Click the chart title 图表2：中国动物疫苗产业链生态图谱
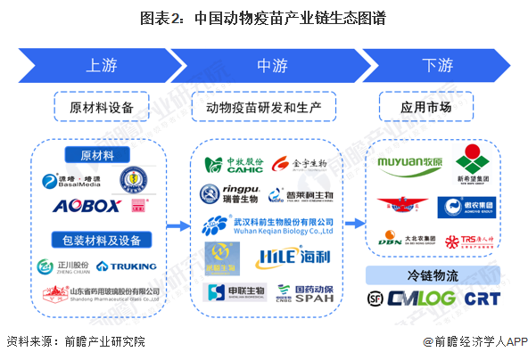click(x=263, y=17)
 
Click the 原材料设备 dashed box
click(x=102, y=108)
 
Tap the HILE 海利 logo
click(x=292, y=258)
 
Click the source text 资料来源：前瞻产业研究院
click(x=76, y=341)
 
